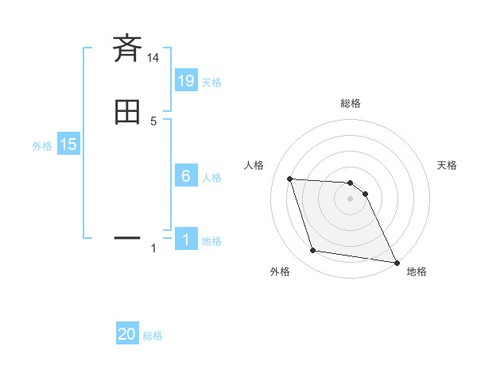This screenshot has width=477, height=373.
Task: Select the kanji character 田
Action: [x=127, y=112]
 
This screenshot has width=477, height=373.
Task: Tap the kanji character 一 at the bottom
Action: [x=127, y=236]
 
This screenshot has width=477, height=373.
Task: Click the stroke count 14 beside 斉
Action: [x=153, y=58]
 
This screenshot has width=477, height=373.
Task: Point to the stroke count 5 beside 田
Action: [x=153, y=121]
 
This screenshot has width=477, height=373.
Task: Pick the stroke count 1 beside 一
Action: [x=153, y=248]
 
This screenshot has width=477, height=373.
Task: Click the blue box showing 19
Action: [x=185, y=80]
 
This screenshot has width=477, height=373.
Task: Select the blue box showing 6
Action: [x=185, y=175]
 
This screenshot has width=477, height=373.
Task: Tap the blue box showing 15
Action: [x=68, y=144]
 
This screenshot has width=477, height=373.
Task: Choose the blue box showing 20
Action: [x=127, y=334]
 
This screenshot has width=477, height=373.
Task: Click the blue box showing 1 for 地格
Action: [x=185, y=239]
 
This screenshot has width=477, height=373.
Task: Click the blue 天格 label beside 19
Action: [x=211, y=82]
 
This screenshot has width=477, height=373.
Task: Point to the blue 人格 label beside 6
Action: [x=211, y=177]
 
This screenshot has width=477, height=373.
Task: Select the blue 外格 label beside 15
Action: [x=42, y=146]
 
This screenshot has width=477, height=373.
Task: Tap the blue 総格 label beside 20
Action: [x=153, y=336]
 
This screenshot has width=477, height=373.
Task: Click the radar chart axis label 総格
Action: [x=351, y=103]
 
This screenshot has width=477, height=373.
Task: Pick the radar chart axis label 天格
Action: [x=447, y=165]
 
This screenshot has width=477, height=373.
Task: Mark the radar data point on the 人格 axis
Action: [x=290, y=179]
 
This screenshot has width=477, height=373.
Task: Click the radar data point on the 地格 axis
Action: [x=396, y=261]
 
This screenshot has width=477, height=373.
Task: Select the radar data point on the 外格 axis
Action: [x=313, y=251]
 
